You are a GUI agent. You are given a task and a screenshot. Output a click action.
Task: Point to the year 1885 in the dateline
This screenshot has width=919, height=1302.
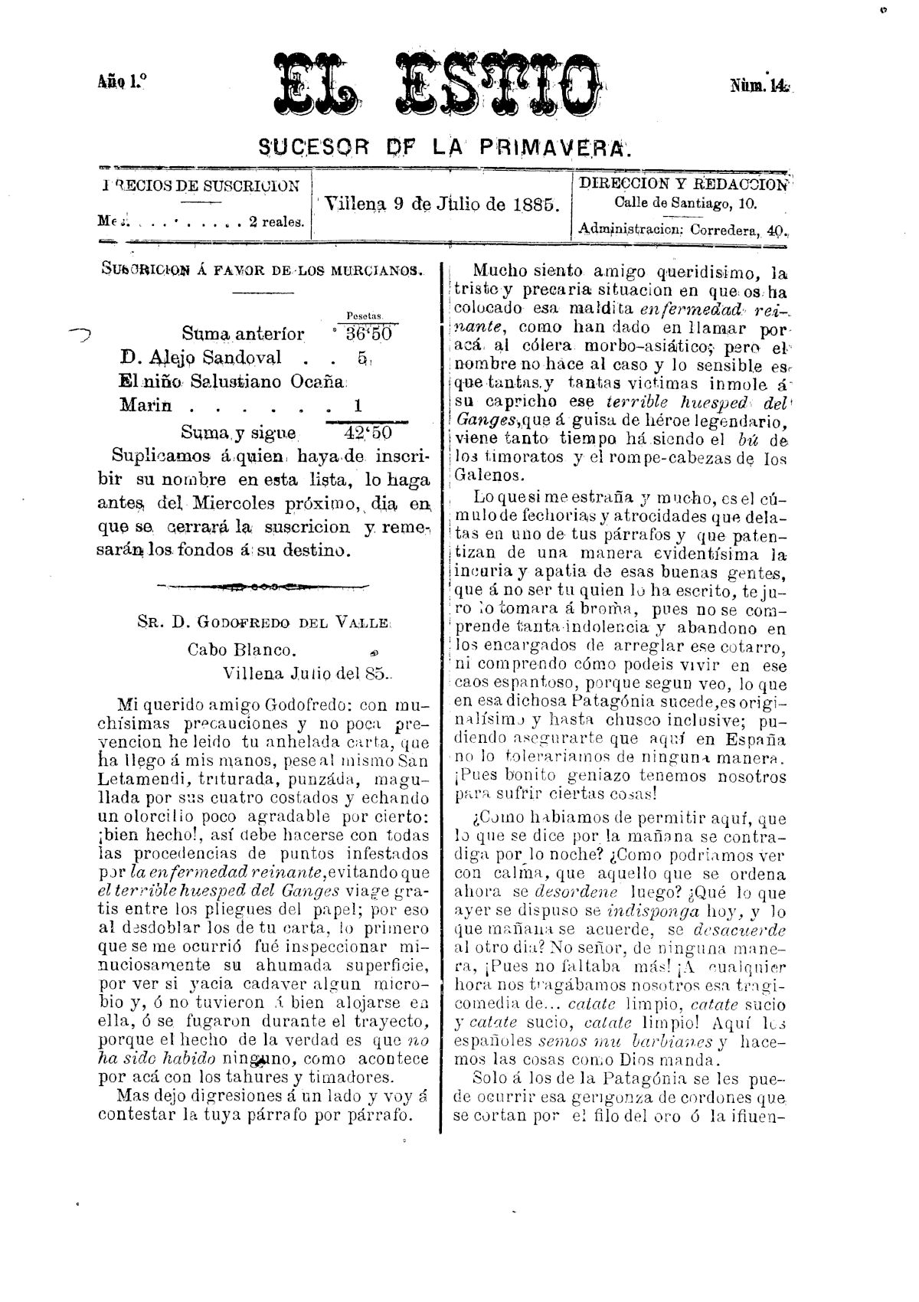pyautogui.click(x=539, y=204)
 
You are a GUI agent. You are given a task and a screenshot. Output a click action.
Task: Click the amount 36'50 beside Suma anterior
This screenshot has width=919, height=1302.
pyautogui.click(x=368, y=334)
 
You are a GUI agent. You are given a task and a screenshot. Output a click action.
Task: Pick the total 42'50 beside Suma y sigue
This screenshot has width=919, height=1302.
pyautogui.click(x=368, y=433)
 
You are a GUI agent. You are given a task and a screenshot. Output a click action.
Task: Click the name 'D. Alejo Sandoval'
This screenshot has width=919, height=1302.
pyautogui.click(x=201, y=358)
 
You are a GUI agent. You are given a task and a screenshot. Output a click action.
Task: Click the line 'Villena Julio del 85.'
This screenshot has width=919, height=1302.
pyautogui.click(x=306, y=674)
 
